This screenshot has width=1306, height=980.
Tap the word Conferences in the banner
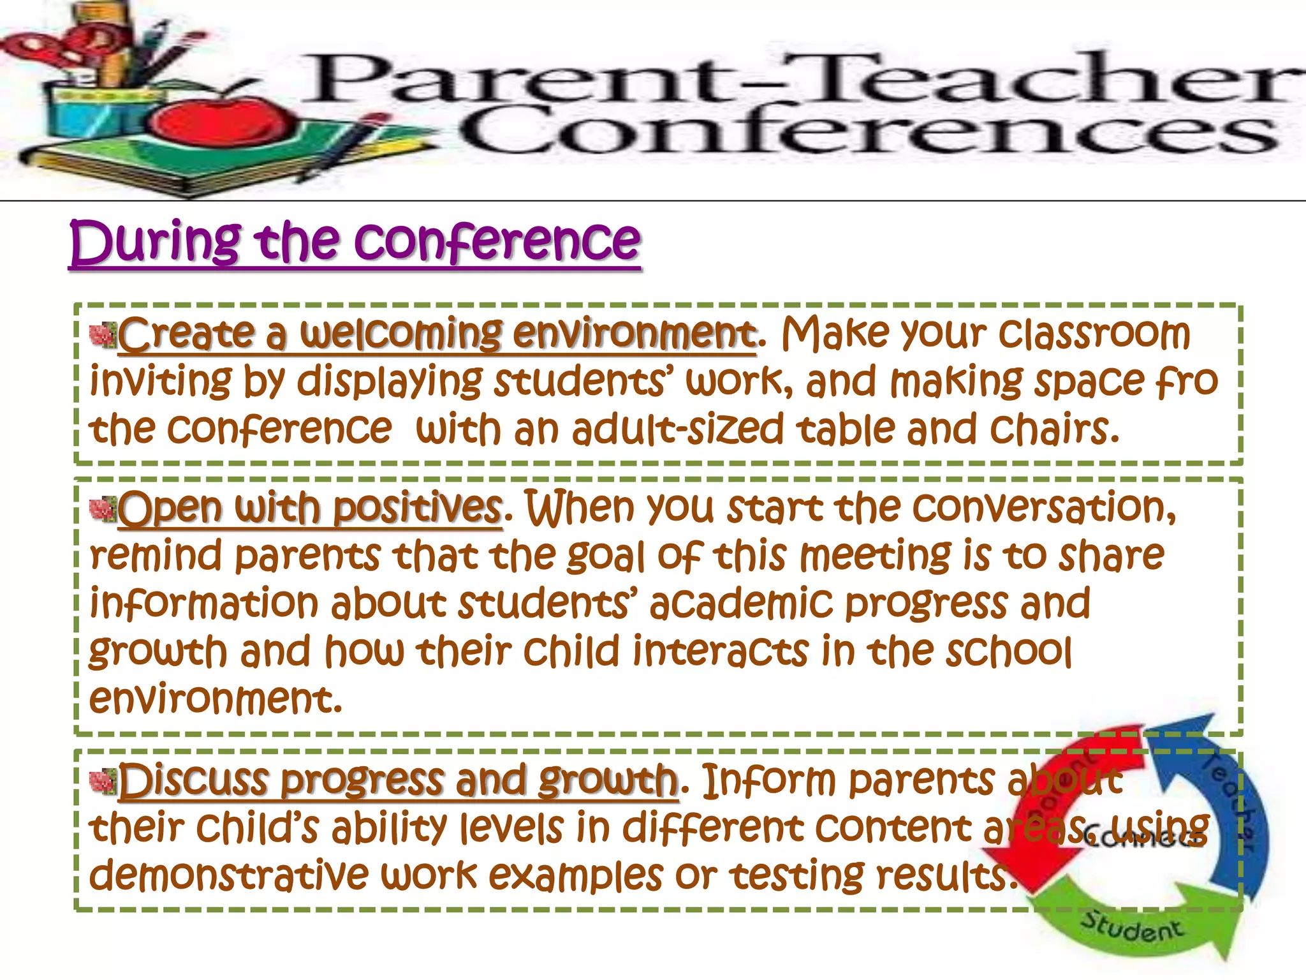(867, 131)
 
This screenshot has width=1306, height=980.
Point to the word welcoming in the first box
(402, 334)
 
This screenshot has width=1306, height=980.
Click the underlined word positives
(418, 509)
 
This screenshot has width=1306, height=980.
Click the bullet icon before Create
(103, 335)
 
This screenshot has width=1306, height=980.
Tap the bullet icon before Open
(103, 509)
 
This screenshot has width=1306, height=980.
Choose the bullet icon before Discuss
(103, 781)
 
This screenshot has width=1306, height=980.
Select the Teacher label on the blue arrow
(1228, 804)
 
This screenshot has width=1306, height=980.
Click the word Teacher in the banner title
(1046, 80)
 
